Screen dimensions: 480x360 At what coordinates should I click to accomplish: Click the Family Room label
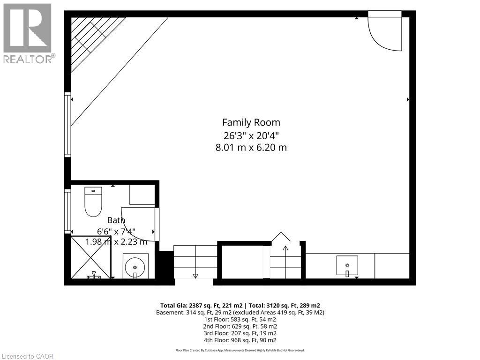(x=251, y=122)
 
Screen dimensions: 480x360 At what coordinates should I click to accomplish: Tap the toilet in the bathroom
(x=93, y=202)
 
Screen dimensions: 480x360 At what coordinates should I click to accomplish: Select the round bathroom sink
(x=135, y=266)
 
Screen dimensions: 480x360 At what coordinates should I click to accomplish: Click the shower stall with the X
(x=90, y=256)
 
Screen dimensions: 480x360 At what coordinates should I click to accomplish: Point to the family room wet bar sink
(x=347, y=265)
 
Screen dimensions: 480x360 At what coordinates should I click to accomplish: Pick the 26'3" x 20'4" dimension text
(x=251, y=135)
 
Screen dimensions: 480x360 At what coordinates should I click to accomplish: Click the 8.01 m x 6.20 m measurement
(x=251, y=148)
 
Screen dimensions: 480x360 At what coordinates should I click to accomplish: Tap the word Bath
(x=116, y=220)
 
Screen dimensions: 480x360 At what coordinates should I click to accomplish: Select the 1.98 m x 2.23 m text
(x=116, y=242)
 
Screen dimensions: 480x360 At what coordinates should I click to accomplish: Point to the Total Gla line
(x=240, y=306)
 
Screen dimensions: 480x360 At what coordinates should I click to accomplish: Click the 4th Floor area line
(x=240, y=340)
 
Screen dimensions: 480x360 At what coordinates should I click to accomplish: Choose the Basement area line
(x=240, y=313)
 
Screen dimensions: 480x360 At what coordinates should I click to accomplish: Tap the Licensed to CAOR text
(x=28, y=356)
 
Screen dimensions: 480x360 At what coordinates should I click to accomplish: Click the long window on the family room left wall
(x=67, y=125)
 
